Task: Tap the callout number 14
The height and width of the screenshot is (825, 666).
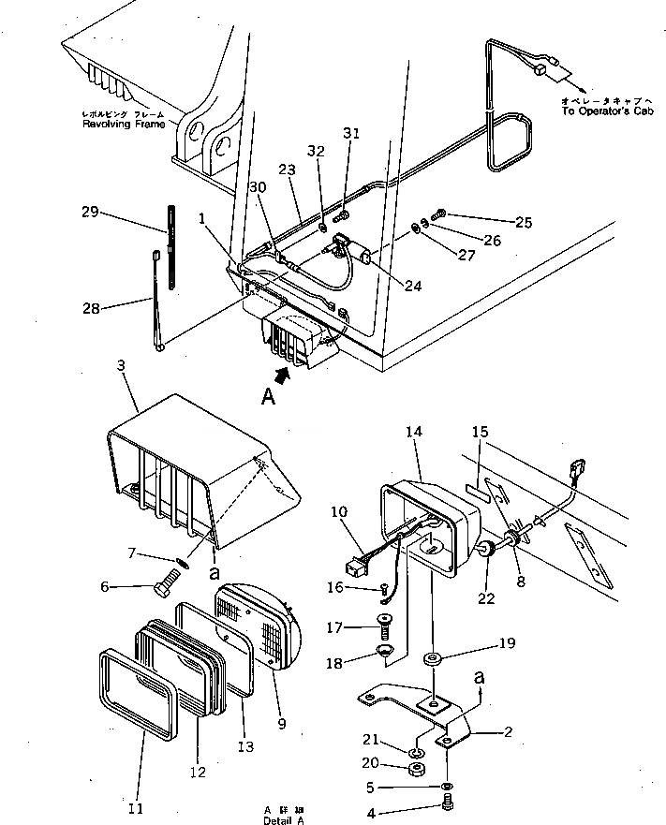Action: click(414, 432)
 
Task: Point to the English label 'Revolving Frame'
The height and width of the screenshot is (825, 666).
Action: click(123, 124)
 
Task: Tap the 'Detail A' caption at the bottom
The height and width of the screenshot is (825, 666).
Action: click(284, 819)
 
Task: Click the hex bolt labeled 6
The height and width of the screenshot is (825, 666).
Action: click(164, 587)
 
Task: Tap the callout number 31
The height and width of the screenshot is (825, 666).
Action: click(350, 134)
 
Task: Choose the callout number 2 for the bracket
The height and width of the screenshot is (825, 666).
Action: click(508, 731)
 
